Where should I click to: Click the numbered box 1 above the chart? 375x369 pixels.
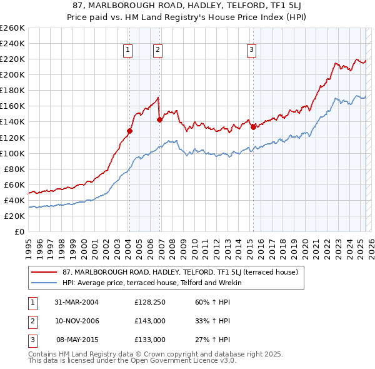tap(127, 50)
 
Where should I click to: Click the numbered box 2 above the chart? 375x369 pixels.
tap(157, 50)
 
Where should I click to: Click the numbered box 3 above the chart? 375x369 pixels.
tap(251, 50)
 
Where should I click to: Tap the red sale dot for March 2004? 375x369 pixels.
tap(130, 131)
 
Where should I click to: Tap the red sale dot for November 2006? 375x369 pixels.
tap(159, 119)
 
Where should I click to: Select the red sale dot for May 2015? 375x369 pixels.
tap(253, 127)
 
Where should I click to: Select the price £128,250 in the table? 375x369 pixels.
tap(150, 302)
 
